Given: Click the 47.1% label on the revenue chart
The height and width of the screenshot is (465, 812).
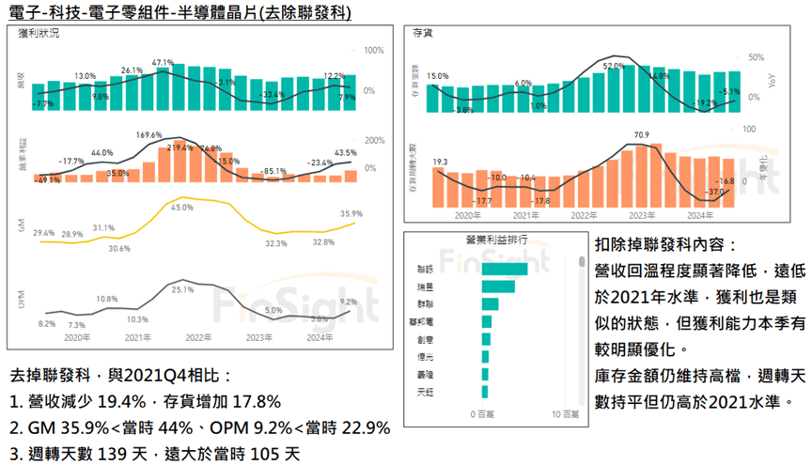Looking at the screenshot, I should pos(163,62).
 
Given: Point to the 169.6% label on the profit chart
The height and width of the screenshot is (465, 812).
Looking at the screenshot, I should pos(150,135).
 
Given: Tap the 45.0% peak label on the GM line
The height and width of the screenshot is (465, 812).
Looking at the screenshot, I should pos(181,208).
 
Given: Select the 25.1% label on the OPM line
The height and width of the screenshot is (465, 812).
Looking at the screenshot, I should pos(182,290).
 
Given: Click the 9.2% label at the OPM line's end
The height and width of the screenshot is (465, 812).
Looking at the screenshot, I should pos(348,302).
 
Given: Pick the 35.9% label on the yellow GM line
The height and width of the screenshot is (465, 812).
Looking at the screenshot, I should pos(350,213).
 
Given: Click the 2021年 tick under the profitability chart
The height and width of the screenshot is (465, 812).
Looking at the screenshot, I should pos(138,337).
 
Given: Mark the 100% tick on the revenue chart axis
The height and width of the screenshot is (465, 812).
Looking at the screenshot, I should pos(373,50).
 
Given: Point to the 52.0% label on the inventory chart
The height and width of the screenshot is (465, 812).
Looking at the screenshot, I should pos(613,66).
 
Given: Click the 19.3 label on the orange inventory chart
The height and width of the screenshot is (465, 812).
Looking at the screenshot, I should pos(440,163).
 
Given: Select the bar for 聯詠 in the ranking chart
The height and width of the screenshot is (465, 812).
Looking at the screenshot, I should pos(504,269).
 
